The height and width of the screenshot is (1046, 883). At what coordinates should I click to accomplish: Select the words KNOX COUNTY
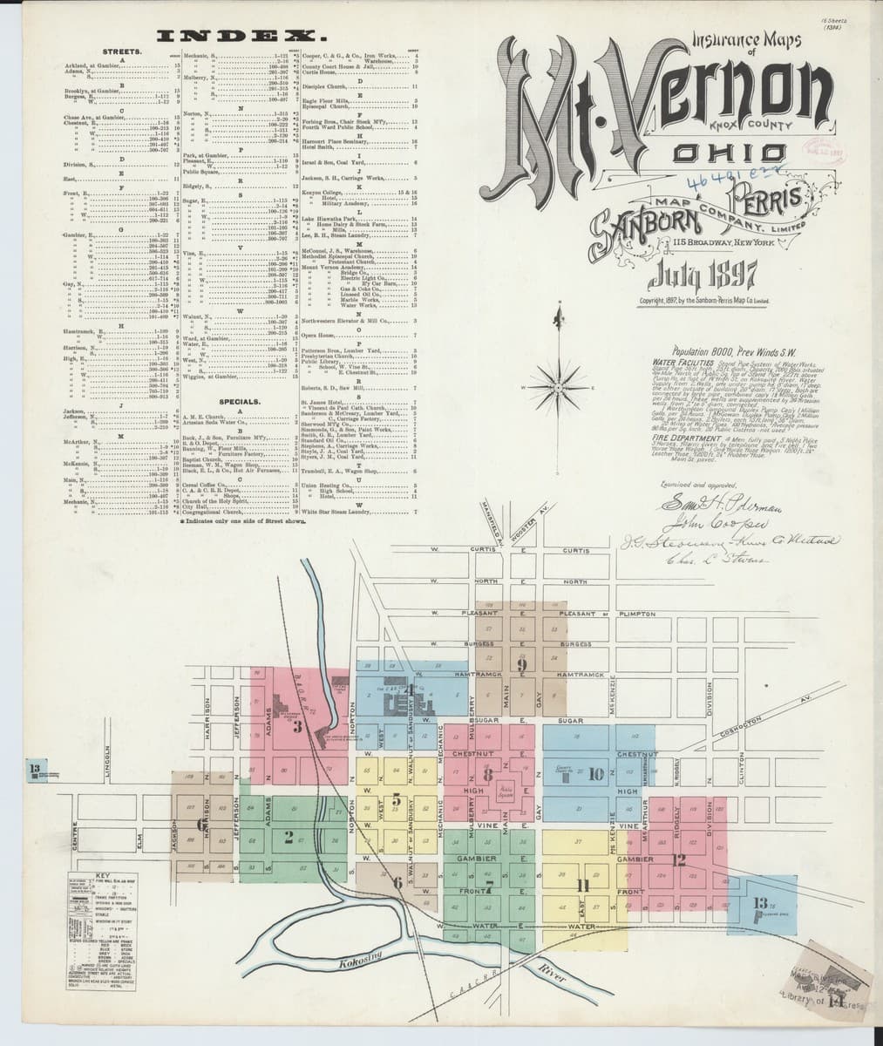tap(764, 128)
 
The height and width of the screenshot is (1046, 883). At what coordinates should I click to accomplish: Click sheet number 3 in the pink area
tap(297, 727)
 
